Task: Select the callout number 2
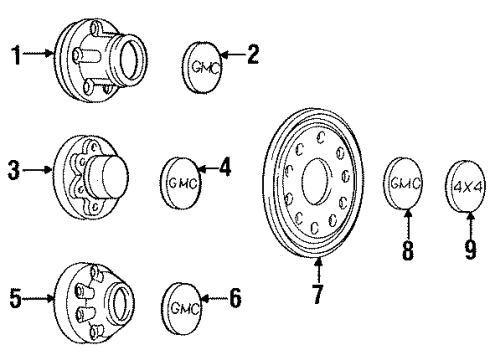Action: (x=253, y=54)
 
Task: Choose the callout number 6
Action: (x=235, y=296)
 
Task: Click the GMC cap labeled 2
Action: (x=204, y=65)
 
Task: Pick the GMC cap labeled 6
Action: (x=180, y=298)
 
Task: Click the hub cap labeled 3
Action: (x=96, y=181)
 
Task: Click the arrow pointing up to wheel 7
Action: (x=319, y=270)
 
